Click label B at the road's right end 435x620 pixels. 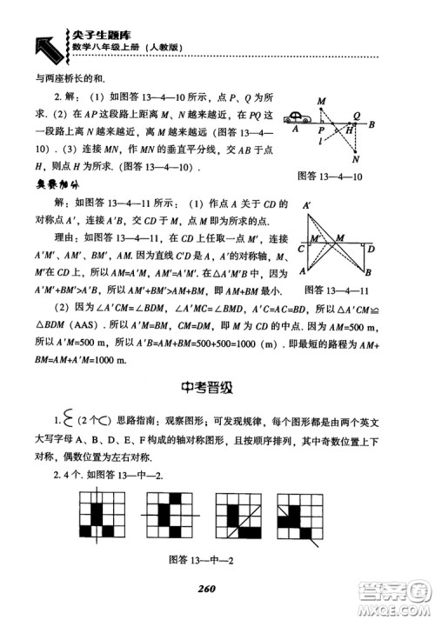click(372, 123)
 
